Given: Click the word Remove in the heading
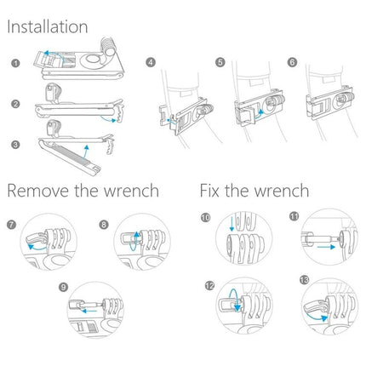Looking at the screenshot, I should [38, 189].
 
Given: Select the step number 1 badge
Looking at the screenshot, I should [15, 63].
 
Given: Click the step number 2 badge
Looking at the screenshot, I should [15, 104].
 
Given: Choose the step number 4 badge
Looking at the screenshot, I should [151, 62].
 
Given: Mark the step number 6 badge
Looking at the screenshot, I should [293, 62].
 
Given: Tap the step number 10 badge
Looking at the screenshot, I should [207, 217].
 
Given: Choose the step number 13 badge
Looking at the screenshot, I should [304, 280].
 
